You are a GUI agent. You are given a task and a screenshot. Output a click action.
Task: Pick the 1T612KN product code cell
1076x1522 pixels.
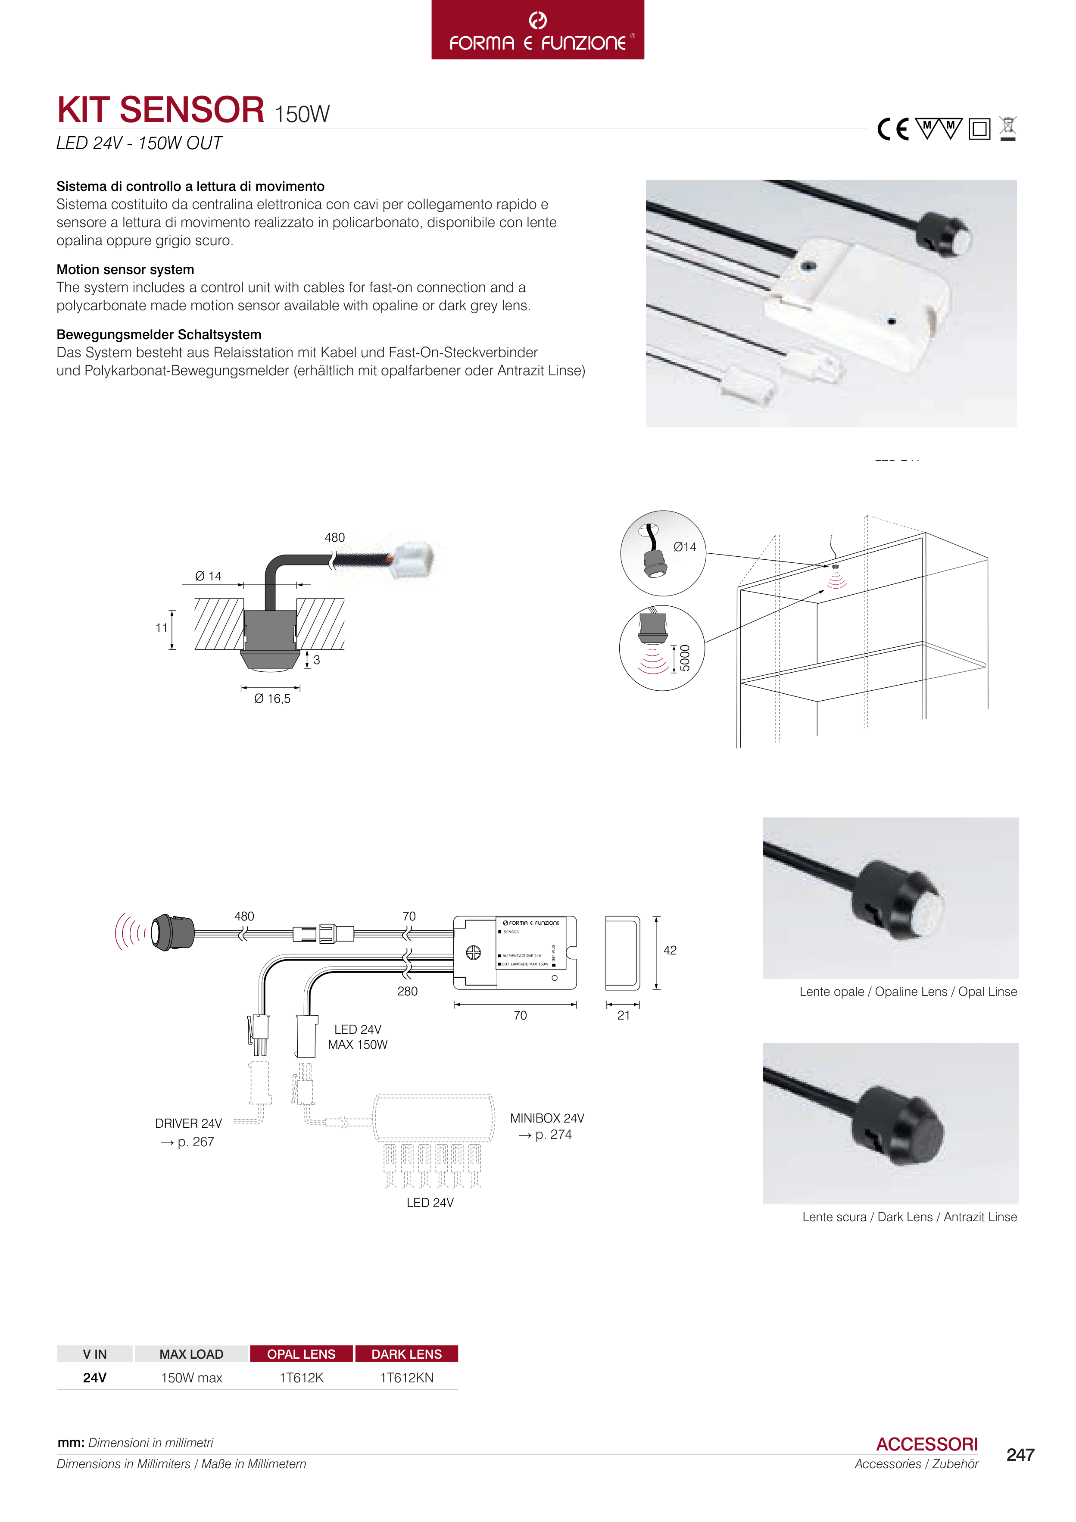[x=406, y=1378]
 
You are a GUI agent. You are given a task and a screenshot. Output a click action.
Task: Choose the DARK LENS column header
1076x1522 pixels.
[x=406, y=1354]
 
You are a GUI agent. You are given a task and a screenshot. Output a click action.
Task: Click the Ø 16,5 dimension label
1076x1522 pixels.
[x=272, y=699]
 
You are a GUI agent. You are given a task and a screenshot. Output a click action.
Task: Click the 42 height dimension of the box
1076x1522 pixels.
[x=670, y=950]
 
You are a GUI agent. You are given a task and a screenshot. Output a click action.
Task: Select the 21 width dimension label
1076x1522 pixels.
[x=623, y=1015]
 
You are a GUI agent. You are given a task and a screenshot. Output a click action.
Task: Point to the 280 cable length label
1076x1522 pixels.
[x=407, y=991]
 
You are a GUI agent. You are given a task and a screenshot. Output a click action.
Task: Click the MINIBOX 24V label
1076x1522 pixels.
[x=547, y=1118]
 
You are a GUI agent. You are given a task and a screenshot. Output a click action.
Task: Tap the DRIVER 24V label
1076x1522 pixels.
[x=188, y=1123]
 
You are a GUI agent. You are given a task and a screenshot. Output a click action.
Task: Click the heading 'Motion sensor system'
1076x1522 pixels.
[x=125, y=269]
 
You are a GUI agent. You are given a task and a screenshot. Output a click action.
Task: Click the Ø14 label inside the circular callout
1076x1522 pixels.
[x=685, y=547]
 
